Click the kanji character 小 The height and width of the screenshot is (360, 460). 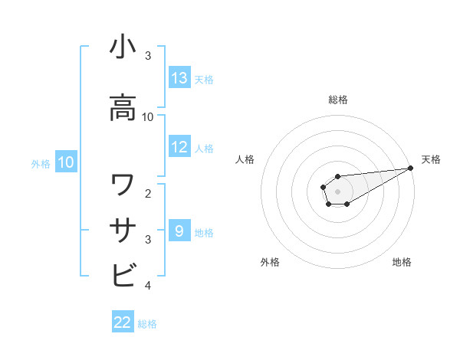pyautogui.click(x=123, y=47)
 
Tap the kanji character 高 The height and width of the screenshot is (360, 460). pyautogui.click(x=123, y=109)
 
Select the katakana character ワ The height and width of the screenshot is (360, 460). pyautogui.click(x=123, y=185)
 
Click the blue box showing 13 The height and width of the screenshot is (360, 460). pyautogui.click(x=179, y=78)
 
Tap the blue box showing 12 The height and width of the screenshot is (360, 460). pyautogui.click(x=179, y=147)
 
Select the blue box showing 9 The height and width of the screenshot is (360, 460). pyautogui.click(x=179, y=231)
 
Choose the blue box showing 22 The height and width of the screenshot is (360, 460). pyautogui.click(x=123, y=322)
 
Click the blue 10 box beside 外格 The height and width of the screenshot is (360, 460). pyautogui.click(x=66, y=162)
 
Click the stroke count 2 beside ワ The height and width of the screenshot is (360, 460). pyautogui.click(x=147, y=193)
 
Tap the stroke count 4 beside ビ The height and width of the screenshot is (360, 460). pyautogui.click(x=147, y=285)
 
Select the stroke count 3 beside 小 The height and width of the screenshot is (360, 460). pyautogui.click(x=147, y=55)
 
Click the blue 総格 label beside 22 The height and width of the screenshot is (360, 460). pyautogui.click(x=147, y=324)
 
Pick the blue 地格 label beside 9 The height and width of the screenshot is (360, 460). pyautogui.click(x=204, y=232)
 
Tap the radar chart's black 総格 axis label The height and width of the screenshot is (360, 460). pyautogui.click(x=338, y=100)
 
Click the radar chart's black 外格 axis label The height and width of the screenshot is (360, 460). pyautogui.click(x=270, y=263)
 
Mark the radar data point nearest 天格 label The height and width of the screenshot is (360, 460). pyautogui.click(x=411, y=169)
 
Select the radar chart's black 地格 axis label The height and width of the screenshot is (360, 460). pyautogui.click(x=402, y=263)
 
